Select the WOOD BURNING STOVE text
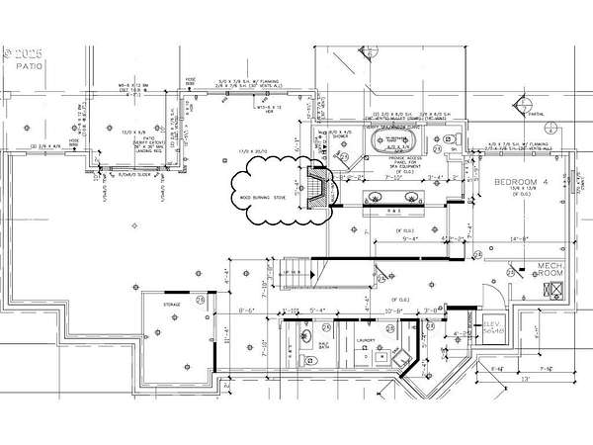[259, 198]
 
